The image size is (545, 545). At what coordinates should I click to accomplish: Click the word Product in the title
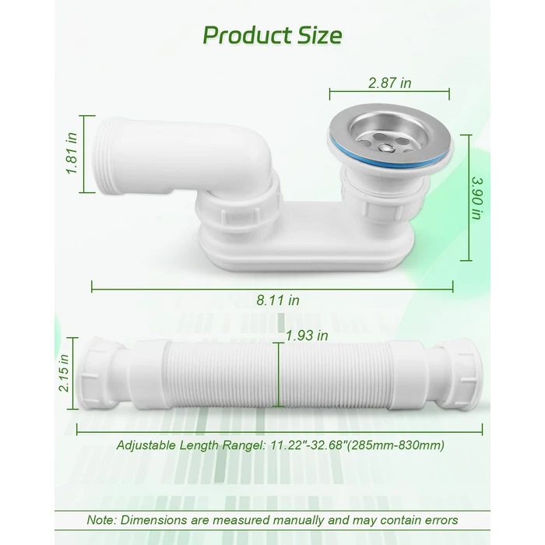[x=243, y=35]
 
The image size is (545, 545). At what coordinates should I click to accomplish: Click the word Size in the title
[x=317, y=35]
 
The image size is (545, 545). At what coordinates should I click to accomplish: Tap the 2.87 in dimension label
[x=389, y=82]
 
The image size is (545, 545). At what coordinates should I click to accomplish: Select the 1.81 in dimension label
[x=72, y=154]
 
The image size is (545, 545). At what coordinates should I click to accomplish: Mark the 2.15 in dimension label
[x=65, y=377]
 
